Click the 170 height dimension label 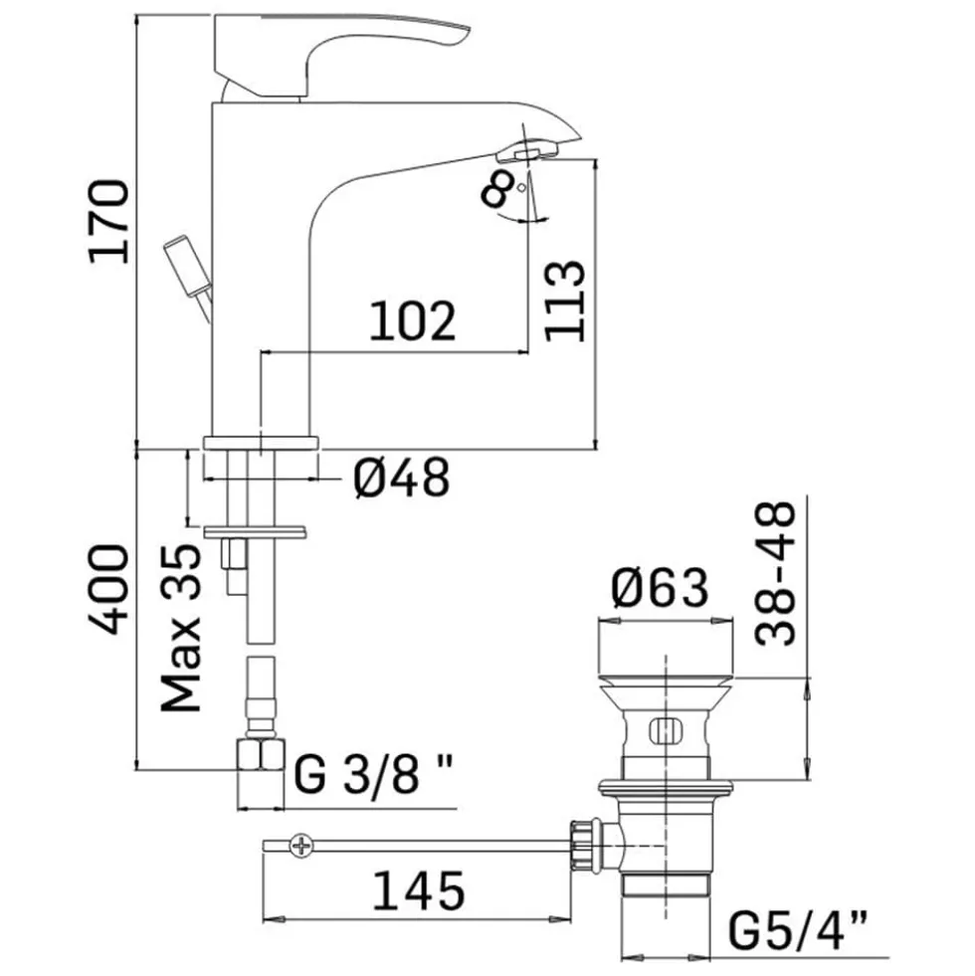[109, 222]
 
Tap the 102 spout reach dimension [412, 321]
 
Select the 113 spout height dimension [565, 300]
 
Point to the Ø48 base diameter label [402, 478]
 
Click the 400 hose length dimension [109, 589]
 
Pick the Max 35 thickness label [180, 628]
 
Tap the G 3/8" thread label [373, 774]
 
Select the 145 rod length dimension [419, 890]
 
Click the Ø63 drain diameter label [660, 588]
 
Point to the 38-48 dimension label [775, 573]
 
